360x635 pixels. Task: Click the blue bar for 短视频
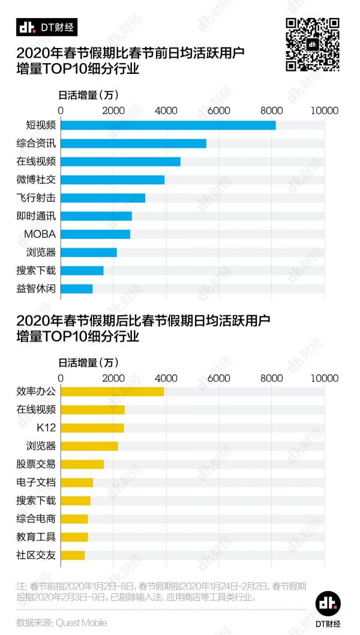click(168, 125)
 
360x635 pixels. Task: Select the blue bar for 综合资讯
click(133, 143)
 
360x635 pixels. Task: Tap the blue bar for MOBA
click(95, 234)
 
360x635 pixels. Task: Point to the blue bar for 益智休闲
click(77, 289)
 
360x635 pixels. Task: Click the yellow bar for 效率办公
click(112, 391)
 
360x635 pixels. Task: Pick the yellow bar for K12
click(92, 428)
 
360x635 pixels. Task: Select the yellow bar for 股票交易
click(82, 464)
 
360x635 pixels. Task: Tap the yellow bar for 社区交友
click(73, 555)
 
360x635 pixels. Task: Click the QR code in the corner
click(312, 45)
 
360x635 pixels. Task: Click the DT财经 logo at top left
click(46, 27)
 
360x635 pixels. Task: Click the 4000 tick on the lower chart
click(166, 378)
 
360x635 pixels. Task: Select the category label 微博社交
click(36, 179)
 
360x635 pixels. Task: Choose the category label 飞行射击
click(36, 197)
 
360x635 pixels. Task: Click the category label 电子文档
click(36, 482)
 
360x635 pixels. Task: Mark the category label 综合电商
click(36, 519)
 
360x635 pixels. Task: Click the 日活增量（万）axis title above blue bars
click(88, 94)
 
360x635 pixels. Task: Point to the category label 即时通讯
click(36, 216)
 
